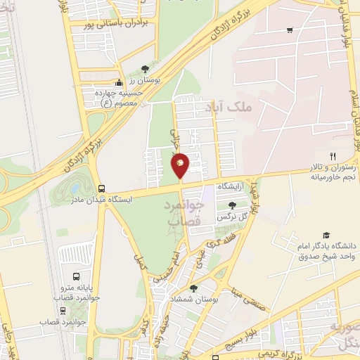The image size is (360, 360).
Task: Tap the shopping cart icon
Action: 290,30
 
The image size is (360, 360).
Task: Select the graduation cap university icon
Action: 326,235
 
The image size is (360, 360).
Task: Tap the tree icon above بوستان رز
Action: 145,69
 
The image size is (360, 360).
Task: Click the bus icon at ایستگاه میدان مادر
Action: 102,188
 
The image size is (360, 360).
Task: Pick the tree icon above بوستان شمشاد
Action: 193,288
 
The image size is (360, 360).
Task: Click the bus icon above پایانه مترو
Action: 76,276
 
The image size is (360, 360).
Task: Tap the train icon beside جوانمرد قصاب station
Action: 63,310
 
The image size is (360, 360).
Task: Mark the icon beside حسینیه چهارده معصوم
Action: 119,82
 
